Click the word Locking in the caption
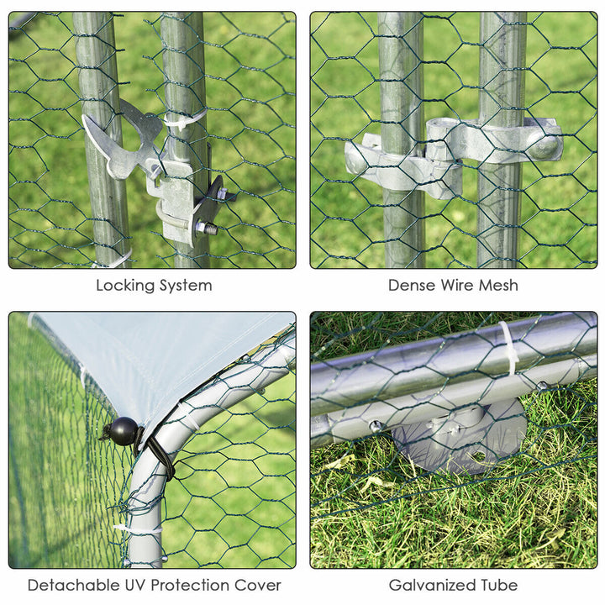click(125, 286)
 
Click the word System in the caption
click(186, 286)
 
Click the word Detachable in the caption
click(73, 586)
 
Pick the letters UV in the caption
click(134, 586)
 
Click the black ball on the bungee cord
click(124, 431)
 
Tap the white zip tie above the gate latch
click(184, 118)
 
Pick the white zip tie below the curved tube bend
click(138, 529)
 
